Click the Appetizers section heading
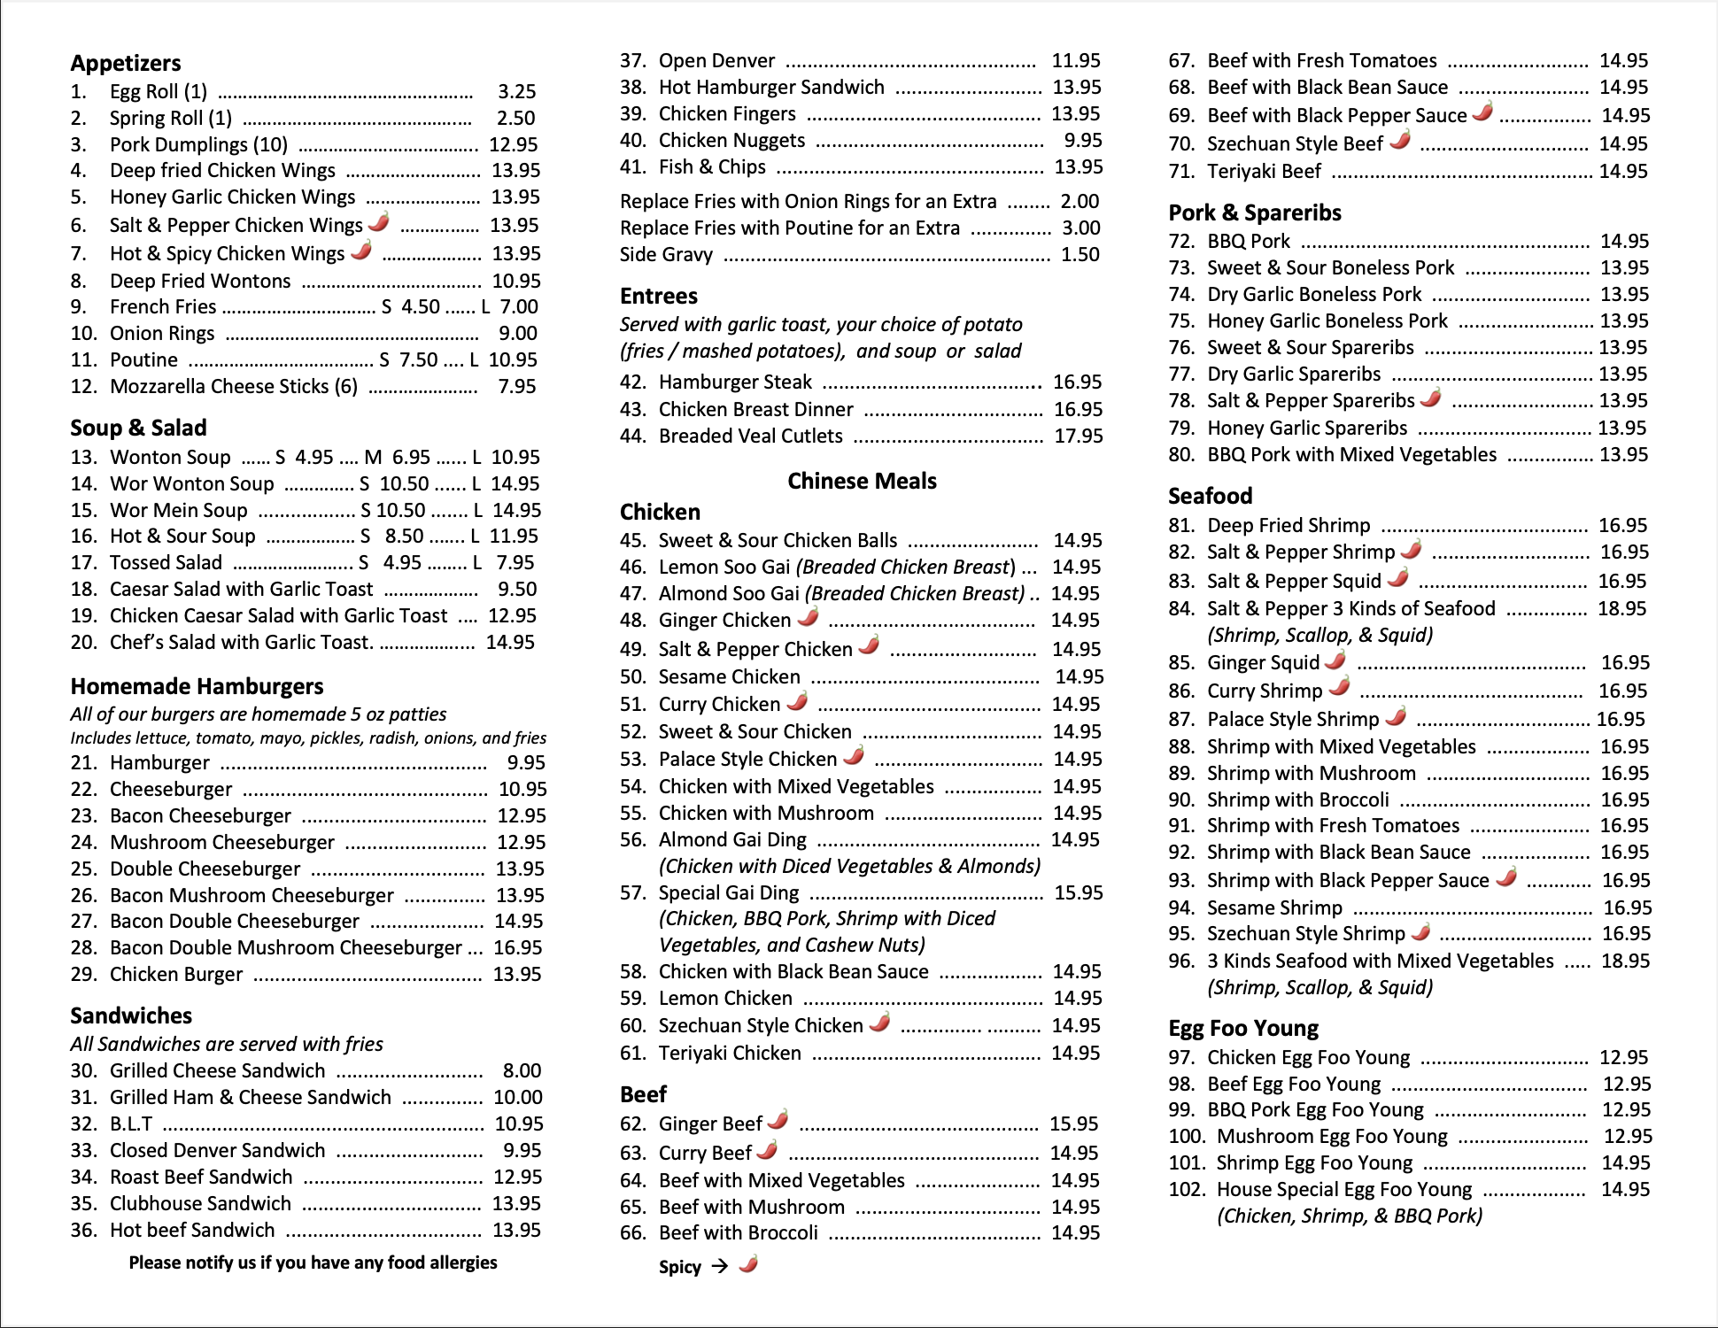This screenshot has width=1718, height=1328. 126,63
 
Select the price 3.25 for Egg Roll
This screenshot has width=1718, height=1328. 516,91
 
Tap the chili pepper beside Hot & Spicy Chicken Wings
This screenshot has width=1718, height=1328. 361,251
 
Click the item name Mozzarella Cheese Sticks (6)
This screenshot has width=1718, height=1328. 234,386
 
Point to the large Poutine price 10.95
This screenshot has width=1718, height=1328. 513,359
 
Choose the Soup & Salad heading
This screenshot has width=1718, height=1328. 138,428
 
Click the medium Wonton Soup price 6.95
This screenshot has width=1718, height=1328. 411,457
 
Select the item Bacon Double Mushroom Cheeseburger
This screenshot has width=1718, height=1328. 285,947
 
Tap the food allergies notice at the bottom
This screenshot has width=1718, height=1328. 313,1262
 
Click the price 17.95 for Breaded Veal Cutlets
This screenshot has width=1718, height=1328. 1078,436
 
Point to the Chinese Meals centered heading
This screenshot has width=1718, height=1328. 862,481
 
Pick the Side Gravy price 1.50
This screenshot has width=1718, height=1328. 1080,254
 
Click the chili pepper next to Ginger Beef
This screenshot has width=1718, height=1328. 778,1120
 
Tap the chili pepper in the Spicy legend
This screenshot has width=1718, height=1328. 748,1263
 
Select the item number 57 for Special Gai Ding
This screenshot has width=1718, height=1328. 633,892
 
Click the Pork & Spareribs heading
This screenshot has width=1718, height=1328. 1254,212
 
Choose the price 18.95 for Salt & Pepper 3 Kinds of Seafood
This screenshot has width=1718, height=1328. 1621,608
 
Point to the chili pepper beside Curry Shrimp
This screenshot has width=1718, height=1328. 1340,687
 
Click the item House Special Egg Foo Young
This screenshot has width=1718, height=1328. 1343,1189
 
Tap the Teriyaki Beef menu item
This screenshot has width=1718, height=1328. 1264,171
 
